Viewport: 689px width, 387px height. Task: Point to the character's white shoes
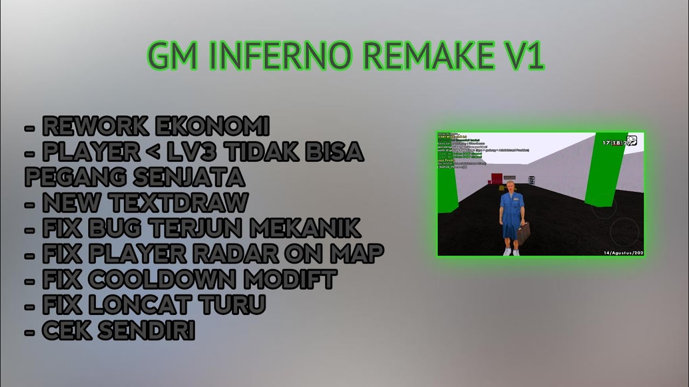tap(509, 251)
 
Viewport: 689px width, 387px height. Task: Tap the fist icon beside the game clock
tap(632, 141)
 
